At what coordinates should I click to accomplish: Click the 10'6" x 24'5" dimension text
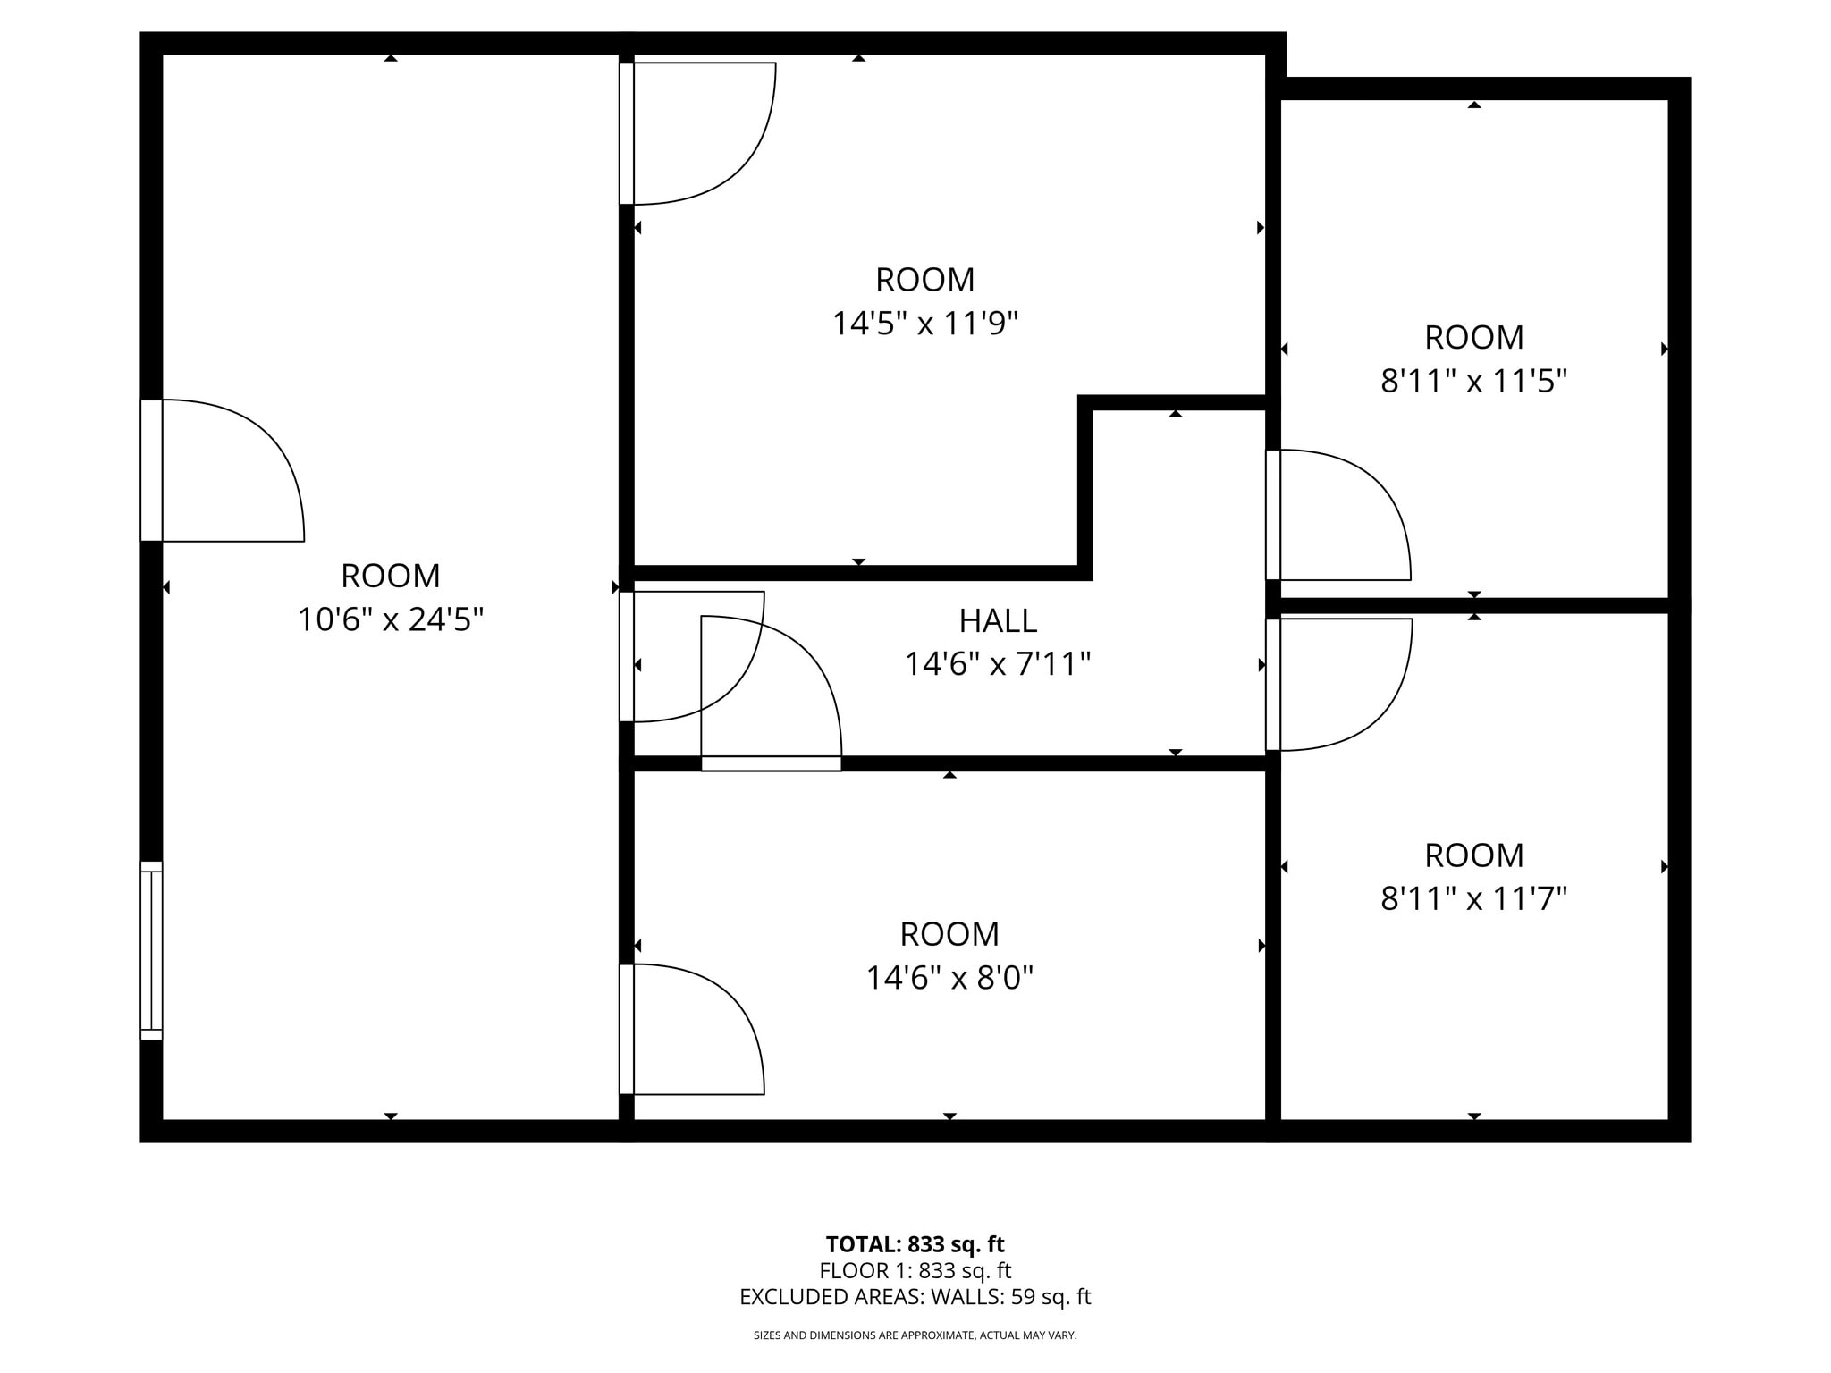click(x=391, y=619)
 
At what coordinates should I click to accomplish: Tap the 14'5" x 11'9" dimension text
click(x=925, y=324)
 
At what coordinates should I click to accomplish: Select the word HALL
click(x=998, y=620)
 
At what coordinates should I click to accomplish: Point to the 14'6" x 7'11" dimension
click(x=998, y=664)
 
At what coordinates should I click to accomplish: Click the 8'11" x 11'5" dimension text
click(x=1473, y=382)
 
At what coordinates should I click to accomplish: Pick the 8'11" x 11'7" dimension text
click(x=1473, y=898)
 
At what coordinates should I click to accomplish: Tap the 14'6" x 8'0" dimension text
click(x=949, y=978)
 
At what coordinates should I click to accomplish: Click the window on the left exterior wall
click(x=152, y=950)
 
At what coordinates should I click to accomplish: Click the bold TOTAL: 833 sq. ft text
click(x=915, y=1244)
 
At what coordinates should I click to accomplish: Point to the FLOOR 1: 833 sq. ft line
click(x=915, y=1270)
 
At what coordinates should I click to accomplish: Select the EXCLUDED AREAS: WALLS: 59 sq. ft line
click(x=915, y=1297)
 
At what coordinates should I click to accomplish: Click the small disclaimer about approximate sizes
click(x=915, y=1335)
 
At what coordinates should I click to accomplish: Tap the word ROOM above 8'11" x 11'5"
click(x=1473, y=338)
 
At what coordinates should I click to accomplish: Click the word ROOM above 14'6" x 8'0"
click(x=949, y=934)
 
